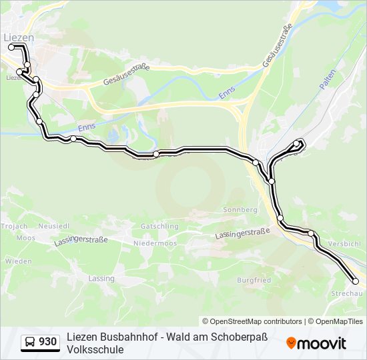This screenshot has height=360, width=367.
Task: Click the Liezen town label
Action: point(19,37)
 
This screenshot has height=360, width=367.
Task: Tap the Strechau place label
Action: point(346,293)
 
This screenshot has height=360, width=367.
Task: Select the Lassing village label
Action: point(101,278)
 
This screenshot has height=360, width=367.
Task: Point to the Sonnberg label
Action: point(240,209)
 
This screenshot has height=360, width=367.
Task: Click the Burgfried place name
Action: point(254,280)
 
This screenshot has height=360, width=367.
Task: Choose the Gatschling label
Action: point(159,226)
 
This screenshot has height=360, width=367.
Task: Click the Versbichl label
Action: point(345,244)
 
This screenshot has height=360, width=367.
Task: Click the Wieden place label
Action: point(18,261)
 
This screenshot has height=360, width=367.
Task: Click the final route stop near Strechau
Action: point(356,281)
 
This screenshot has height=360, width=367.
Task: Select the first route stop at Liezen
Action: point(11,47)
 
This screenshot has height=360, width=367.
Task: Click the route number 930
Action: point(47,342)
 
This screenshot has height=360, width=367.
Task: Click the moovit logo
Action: point(316,343)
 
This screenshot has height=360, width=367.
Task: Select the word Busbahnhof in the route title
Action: point(127,337)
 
